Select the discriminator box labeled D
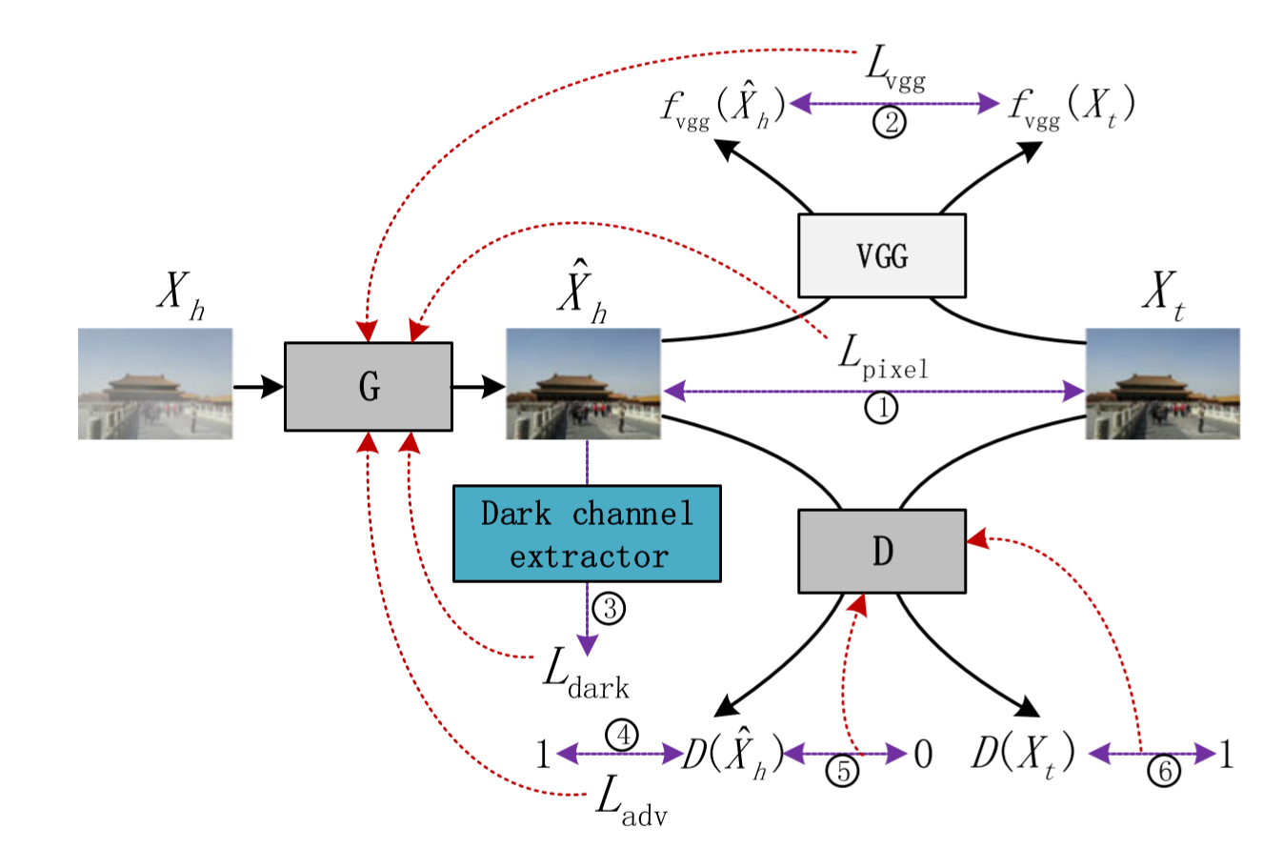click(x=882, y=550)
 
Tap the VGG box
click(x=882, y=254)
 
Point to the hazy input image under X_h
click(x=155, y=383)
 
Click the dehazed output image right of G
click(x=583, y=383)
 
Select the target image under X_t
click(x=1163, y=383)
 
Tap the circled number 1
click(x=881, y=409)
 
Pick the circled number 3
click(x=609, y=607)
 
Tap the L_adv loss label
click(x=630, y=798)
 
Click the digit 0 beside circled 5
click(x=922, y=755)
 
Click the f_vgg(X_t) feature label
click(x=1071, y=104)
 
